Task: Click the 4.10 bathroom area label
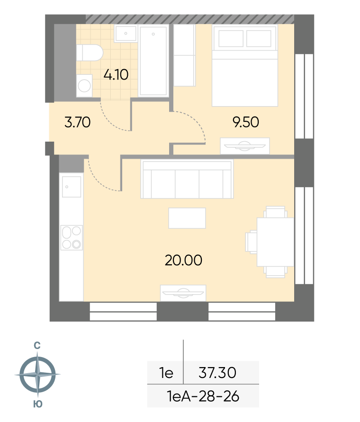click(116, 74)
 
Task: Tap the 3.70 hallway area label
click(78, 122)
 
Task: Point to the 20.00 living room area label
click(183, 260)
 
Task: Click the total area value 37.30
click(217, 373)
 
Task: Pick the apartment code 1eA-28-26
click(203, 396)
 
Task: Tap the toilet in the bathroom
click(90, 53)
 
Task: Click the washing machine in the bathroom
click(84, 86)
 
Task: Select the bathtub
click(153, 61)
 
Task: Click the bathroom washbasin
click(126, 33)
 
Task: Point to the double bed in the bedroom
click(245, 65)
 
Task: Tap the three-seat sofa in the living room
click(187, 179)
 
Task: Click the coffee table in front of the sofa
click(187, 218)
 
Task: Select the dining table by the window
click(275, 242)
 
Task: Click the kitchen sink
click(72, 187)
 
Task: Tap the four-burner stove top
click(72, 238)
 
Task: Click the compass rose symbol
click(37, 374)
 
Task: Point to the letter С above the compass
click(37, 345)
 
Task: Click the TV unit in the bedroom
click(245, 146)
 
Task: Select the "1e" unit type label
click(166, 373)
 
